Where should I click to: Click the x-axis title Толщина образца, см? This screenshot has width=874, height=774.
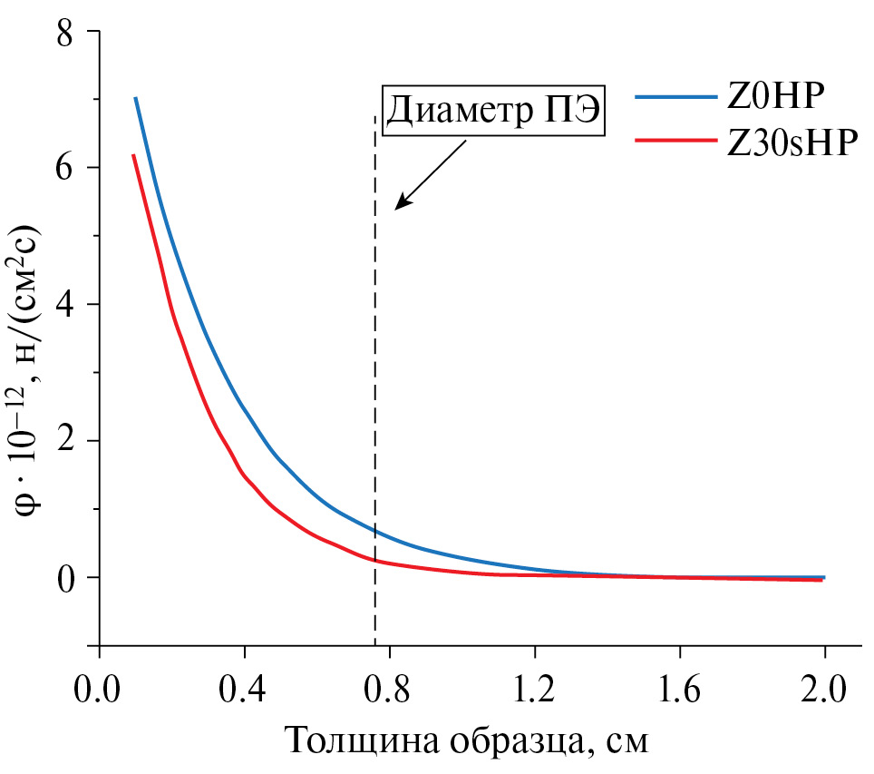tap(468, 741)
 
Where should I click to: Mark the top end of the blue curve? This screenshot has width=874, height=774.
tap(135, 98)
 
